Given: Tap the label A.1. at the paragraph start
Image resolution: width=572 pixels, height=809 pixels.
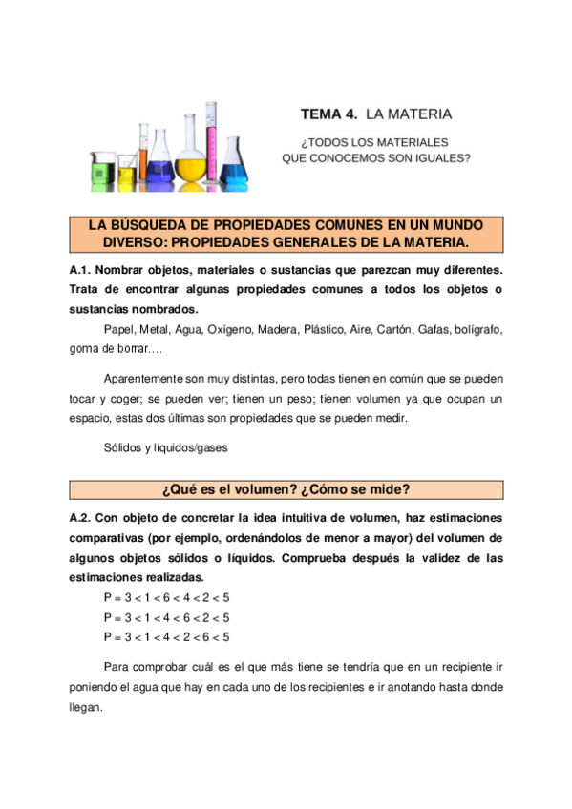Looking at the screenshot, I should pos(81,272).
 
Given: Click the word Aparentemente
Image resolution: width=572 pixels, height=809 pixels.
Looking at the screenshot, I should pos(151,376).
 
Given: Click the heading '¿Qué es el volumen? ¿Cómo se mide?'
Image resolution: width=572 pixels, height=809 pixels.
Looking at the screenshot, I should pos(286,490).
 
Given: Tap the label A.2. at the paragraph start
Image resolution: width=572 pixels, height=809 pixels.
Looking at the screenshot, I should pos(81,518).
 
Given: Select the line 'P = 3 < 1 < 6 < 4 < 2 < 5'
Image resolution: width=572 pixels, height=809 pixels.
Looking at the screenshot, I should pos(166,597).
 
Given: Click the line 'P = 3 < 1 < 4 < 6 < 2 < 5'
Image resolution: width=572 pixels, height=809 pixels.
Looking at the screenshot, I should pos(166,617).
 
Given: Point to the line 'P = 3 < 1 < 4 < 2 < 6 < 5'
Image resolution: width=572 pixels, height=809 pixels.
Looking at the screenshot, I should pos(166,636).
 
